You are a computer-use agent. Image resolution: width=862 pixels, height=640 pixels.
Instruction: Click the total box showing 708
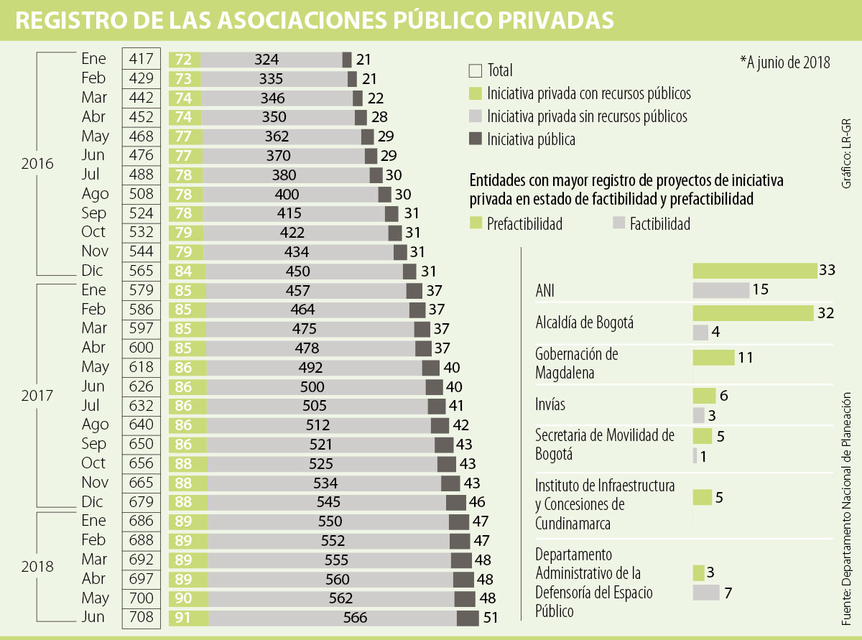(x=141, y=617)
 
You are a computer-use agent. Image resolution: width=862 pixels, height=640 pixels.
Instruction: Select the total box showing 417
(x=141, y=59)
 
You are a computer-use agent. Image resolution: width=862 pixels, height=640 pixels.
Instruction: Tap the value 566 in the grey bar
(x=355, y=618)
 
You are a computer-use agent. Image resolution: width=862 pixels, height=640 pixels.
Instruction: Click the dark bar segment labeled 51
(x=468, y=618)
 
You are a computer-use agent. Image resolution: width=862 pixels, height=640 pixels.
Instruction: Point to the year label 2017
(x=37, y=396)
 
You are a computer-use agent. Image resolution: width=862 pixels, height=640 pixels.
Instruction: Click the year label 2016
(x=37, y=164)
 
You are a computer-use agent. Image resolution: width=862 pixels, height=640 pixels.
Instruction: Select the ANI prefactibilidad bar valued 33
(x=754, y=270)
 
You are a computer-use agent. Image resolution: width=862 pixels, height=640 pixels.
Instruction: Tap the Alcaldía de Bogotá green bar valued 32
(x=752, y=313)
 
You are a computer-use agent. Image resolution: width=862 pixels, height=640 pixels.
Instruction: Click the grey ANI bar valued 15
(x=720, y=289)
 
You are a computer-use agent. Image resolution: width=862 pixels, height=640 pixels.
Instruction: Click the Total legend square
(x=475, y=70)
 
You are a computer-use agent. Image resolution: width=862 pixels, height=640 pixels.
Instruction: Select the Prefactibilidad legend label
(x=524, y=224)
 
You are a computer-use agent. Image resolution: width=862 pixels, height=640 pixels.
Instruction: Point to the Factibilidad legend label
(x=659, y=224)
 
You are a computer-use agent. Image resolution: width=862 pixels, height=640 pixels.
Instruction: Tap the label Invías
(x=550, y=404)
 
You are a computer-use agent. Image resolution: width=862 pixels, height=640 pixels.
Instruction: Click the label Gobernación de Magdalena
(x=577, y=363)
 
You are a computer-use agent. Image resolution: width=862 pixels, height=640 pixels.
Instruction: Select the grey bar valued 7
(x=706, y=593)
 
